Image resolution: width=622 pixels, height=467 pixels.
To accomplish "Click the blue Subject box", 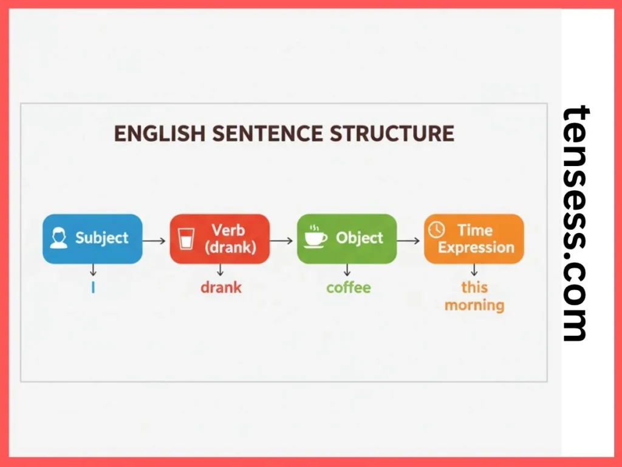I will [92, 238].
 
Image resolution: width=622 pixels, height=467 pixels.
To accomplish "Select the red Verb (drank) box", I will [219, 238].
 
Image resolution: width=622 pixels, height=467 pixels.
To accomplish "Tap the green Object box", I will [346, 238].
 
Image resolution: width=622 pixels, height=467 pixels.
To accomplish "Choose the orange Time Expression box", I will [473, 238].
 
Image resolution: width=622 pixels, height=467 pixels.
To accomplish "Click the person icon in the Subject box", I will [59, 238].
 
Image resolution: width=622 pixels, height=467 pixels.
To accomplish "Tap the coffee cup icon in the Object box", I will [315, 236].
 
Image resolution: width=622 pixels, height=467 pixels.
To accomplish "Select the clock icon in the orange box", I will [436, 230].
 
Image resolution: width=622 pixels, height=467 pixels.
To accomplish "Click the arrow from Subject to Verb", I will [155, 241].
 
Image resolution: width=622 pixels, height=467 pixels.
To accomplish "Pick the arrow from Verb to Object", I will [282, 241].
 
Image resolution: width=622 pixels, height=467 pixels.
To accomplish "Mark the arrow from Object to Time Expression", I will [409, 241].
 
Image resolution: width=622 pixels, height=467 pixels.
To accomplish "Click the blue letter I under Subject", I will [93, 288].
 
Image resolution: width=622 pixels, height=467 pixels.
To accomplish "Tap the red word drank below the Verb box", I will [221, 287].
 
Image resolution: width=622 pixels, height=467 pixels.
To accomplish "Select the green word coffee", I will [348, 287].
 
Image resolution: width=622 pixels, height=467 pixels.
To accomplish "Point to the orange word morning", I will [474, 305].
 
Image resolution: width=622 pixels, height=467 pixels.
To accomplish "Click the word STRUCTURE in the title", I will [392, 133].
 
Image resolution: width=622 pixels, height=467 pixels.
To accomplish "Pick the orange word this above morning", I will [474, 287].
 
